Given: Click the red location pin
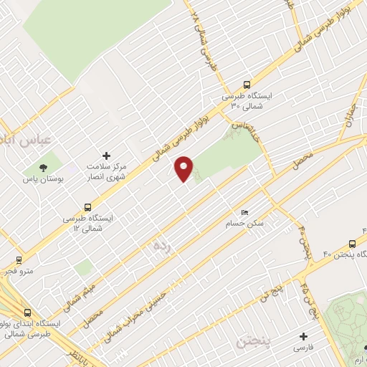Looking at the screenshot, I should coord(185,168).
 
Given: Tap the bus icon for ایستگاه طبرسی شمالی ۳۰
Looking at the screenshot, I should coord(247,83).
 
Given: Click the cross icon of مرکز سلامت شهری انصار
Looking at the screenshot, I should coord(108,155).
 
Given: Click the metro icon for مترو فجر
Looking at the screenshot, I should coord(18,259).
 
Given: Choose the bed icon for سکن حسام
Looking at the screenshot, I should coord(245,213).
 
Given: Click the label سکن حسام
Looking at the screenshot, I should coord(248,224).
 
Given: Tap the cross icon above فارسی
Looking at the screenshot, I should coord(302,335).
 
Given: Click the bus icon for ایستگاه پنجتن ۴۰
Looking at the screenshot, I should coord(352,244).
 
